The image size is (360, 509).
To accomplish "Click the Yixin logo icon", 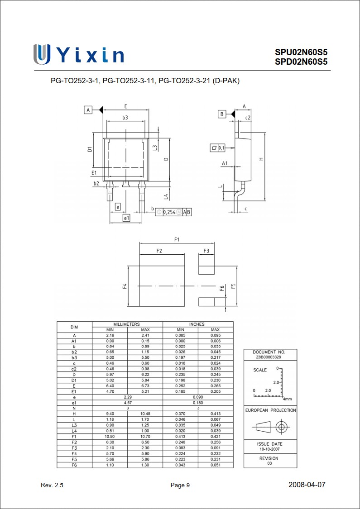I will point(42,54).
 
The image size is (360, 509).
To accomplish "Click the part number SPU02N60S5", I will point(301,52).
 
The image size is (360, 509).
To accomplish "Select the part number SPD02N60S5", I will point(301,62).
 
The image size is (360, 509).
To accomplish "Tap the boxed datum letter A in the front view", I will point(88,110).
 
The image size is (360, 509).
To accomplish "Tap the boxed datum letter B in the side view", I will point(222,114).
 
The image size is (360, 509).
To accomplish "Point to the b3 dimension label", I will point(125,118).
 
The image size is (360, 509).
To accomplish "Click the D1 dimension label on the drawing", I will point(90,149).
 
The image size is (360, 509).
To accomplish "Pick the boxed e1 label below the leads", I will point(126,218).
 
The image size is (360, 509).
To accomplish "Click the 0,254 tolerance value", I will point(169,212).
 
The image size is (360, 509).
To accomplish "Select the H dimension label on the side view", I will point(261,159).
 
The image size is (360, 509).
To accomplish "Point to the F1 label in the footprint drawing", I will point(177,239).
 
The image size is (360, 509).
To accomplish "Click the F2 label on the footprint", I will point(159,251).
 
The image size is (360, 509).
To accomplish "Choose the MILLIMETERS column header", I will point(127,324).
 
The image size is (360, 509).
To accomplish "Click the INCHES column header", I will point(197,324).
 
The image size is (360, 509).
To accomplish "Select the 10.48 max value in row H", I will point(145,414).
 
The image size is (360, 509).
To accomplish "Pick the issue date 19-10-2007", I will point(270,450).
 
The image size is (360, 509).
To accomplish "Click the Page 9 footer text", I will point(180,485).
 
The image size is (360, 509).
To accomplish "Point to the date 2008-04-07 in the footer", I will point(307,485).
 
